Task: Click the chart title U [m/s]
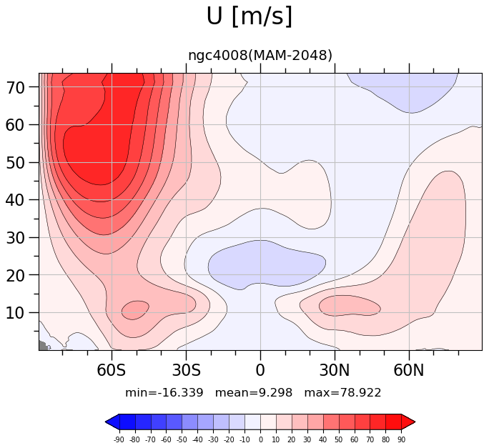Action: (x=250, y=16)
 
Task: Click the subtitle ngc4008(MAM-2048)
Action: (x=260, y=56)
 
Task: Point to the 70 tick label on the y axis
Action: (x=16, y=88)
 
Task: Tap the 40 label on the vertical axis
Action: (x=16, y=200)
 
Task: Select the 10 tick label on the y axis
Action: (x=16, y=313)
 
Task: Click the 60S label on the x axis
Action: (x=112, y=370)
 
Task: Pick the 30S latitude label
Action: (x=186, y=370)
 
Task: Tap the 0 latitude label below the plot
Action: (x=260, y=370)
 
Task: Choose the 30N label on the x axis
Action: (x=335, y=370)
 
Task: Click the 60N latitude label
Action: (x=409, y=370)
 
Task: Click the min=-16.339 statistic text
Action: (x=164, y=392)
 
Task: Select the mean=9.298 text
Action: (x=254, y=392)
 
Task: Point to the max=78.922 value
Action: (x=342, y=392)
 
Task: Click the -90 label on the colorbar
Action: (x=119, y=439)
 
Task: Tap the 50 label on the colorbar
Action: (x=339, y=439)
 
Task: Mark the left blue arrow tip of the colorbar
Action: (x=106, y=422)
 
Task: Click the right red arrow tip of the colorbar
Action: (x=415, y=422)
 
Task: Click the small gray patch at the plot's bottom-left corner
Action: (x=43, y=346)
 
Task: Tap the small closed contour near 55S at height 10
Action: (x=135, y=310)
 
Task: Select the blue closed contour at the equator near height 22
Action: (x=267, y=264)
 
